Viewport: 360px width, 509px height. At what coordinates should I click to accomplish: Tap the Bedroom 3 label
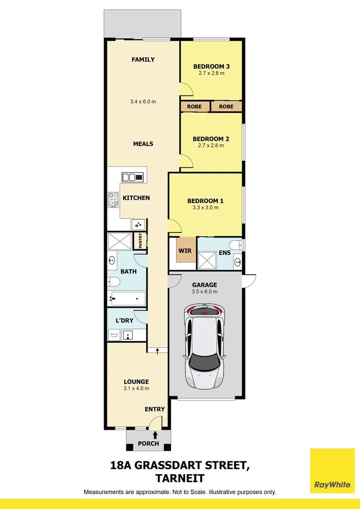click(211, 66)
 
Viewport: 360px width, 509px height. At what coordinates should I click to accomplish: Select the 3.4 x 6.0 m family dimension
click(143, 101)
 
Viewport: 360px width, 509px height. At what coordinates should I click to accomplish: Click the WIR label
click(185, 250)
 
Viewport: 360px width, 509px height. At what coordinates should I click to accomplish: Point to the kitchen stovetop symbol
click(113, 199)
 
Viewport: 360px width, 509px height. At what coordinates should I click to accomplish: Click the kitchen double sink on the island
click(132, 177)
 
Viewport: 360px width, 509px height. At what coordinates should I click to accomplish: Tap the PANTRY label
click(140, 241)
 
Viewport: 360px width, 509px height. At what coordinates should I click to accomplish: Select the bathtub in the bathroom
click(128, 298)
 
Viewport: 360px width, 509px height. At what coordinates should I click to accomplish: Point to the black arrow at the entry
click(155, 422)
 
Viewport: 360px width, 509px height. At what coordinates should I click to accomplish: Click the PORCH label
click(148, 443)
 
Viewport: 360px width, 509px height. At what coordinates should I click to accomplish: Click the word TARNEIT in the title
click(180, 478)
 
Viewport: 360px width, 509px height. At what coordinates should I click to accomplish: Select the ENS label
click(225, 253)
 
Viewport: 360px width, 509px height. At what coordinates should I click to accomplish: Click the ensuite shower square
click(206, 260)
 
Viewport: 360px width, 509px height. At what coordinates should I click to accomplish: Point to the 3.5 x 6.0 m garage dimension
click(205, 292)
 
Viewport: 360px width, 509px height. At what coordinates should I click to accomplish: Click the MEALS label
click(143, 144)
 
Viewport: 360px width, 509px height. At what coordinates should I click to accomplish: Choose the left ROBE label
click(194, 107)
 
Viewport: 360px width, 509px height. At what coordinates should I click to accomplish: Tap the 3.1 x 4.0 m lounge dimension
click(136, 388)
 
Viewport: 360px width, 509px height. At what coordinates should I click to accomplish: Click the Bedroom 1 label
click(205, 201)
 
